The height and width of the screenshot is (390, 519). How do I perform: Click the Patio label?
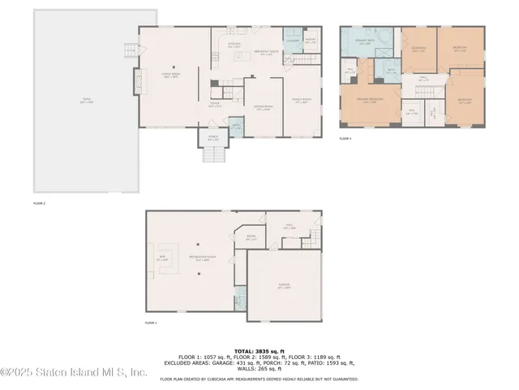point(87,102)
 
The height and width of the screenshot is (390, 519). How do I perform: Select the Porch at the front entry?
point(212,139)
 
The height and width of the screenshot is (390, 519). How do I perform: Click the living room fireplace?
point(138,82)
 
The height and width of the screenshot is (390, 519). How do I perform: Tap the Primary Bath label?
point(366,43)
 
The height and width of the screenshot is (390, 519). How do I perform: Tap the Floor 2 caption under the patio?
point(39,202)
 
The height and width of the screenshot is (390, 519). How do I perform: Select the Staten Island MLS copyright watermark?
point(74,373)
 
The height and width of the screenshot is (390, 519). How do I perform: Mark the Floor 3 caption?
point(345,139)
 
